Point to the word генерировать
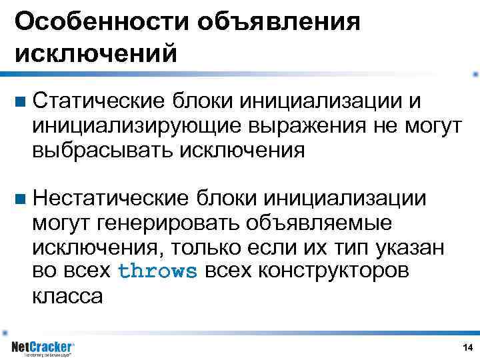167,222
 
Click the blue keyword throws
157,271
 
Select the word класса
67,295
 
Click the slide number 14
467,347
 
